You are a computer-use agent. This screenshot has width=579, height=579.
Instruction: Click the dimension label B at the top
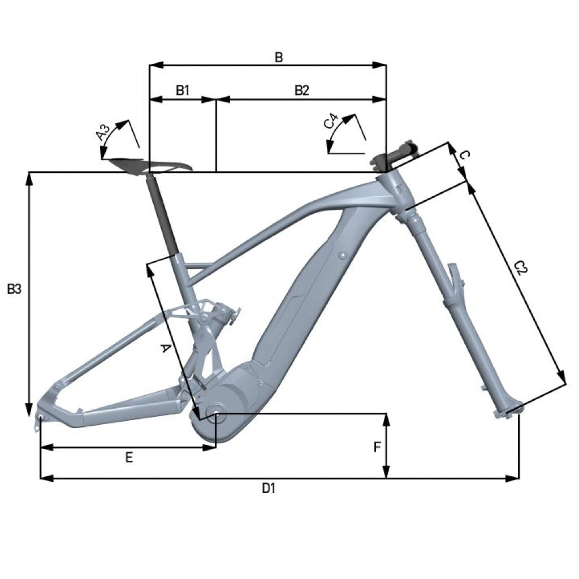[279, 58]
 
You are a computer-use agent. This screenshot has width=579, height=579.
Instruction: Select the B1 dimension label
[183, 90]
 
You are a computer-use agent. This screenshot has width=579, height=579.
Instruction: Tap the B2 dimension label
[301, 90]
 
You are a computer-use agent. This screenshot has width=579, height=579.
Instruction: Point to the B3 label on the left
[14, 289]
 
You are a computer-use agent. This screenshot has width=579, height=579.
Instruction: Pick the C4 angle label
[331, 122]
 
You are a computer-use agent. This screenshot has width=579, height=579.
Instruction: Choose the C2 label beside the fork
[521, 267]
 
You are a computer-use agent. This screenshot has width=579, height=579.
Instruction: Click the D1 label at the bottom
[269, 489]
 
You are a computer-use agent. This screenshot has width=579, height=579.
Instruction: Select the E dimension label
[129, 458]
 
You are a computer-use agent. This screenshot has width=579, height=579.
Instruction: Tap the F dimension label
[377, 447]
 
